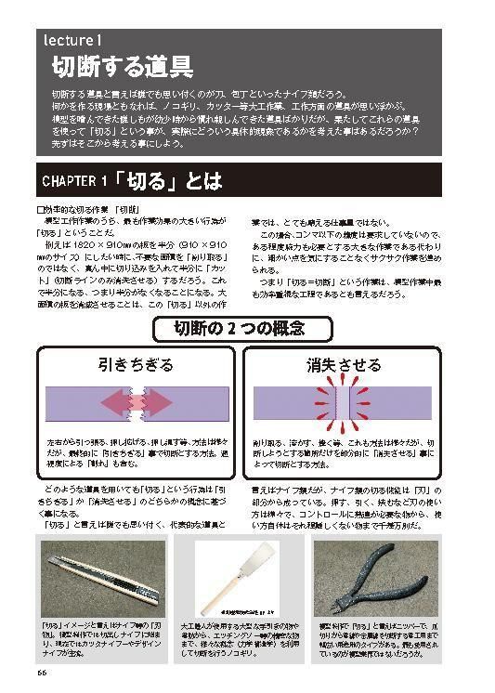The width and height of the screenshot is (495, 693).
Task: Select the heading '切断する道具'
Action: pos(122,67)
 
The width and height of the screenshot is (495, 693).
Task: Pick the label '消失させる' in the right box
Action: pos(345,365)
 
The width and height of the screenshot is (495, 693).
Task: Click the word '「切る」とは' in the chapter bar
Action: pos(172,179)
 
